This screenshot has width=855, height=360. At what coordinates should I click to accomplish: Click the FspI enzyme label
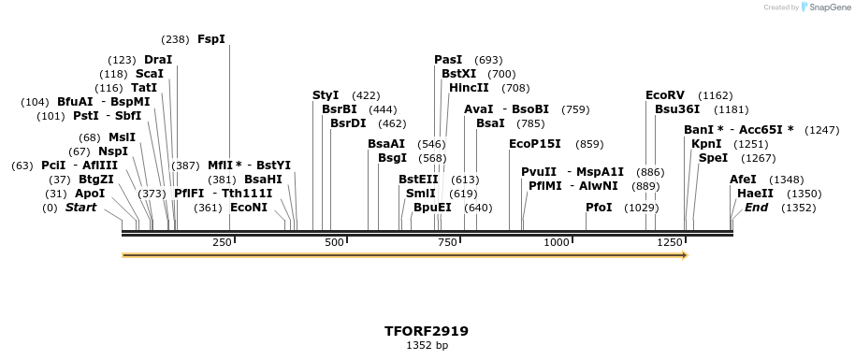(x=211, y=39)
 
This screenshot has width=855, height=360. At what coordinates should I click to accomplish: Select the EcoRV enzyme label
(x=665, y=94)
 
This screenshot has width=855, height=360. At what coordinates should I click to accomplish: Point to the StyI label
(x=326, y=94)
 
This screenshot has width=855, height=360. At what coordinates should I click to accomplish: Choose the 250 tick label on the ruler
(x=222, y=242)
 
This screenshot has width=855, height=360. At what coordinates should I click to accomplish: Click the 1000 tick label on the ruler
(x=557, y=242)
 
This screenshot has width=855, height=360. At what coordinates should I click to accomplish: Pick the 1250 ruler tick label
(x=670, y=242)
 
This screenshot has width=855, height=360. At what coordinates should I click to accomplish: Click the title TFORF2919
(x=427, y=331)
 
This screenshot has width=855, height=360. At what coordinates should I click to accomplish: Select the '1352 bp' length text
(x=427, y=345)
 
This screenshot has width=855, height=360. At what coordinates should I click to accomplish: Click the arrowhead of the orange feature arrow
(x=684, y=254)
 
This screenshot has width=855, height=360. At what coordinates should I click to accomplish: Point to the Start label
(x=80, y=208)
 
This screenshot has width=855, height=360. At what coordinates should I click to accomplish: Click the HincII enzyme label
(x=469, y=88)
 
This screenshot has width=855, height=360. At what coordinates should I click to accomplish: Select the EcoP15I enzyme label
(x=535, y=144)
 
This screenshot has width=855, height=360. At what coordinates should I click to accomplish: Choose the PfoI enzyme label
(x=599, y=208)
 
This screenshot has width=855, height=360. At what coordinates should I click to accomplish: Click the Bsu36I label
(x=677, y=109)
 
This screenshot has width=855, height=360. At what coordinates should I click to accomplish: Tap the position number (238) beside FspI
(x=175, y=39)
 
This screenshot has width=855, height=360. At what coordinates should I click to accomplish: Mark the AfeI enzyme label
(x=743, y=180)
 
